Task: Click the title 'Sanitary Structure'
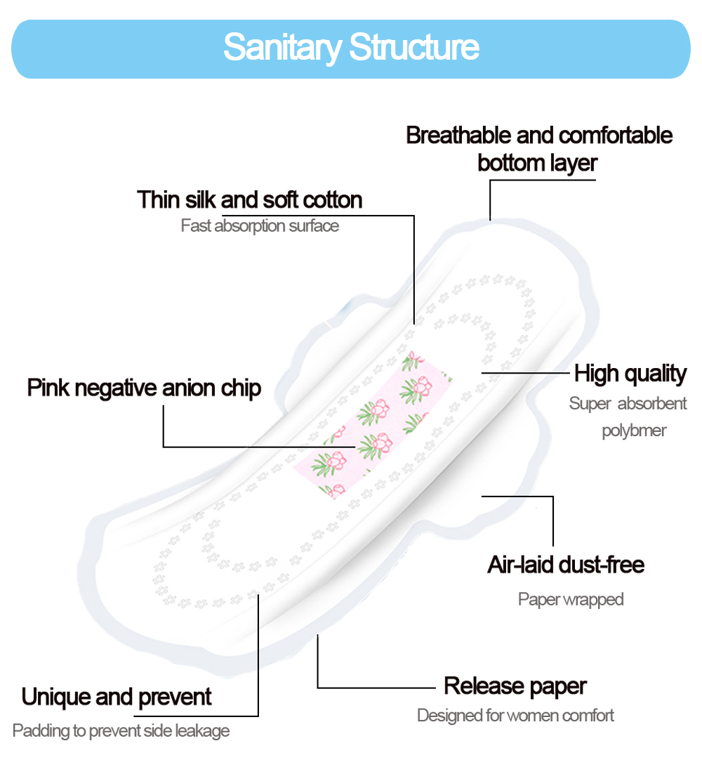[351, 47]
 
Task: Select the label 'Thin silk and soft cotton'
[249, 200]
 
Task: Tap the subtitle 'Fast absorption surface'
[260, 226]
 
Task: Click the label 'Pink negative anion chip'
[144, 388]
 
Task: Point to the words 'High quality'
[630, 374]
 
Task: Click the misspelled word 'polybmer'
[634, 431]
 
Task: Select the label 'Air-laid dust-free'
[566, 565]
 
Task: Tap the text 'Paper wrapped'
[571, 599]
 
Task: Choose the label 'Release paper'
[515, 686]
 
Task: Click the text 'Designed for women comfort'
[515, 716]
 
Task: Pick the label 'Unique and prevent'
[117, 697]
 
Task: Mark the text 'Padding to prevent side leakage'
[121, 731]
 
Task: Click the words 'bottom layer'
[537, 163]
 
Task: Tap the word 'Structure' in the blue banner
[414, 47]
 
